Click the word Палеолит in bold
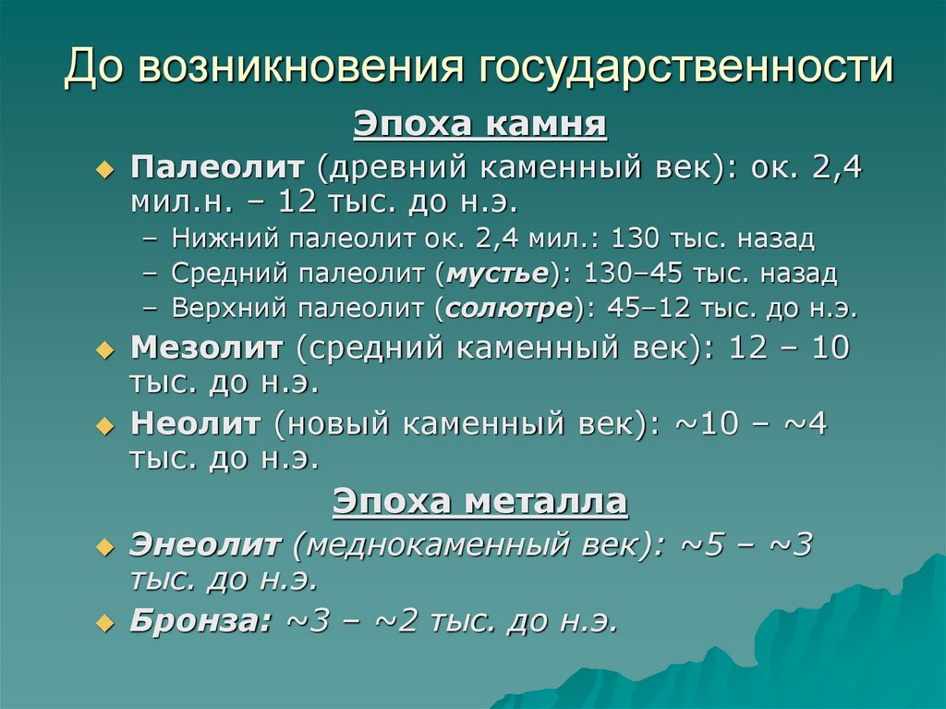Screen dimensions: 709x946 point(217,168)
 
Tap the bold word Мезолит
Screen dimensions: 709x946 point(207,348)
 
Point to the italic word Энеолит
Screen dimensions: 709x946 point(205,545)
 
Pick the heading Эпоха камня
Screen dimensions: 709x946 point(480,124)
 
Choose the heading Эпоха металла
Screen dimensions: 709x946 point(480,502)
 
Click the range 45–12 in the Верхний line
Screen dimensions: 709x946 point(640,309)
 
